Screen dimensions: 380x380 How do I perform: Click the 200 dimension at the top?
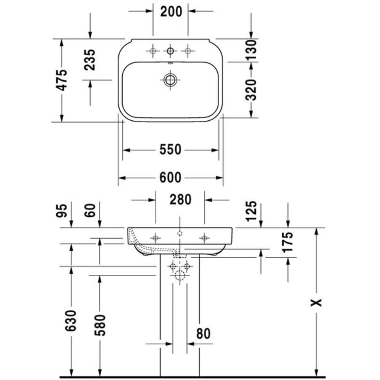point(171,11)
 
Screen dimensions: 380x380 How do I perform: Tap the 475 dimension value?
point(62,80)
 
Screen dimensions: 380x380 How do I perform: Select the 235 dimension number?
point(90,60)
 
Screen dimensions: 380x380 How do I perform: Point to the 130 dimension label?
point(251,50)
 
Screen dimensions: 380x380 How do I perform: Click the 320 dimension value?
point(251,90)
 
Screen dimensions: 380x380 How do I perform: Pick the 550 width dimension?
point(170,150)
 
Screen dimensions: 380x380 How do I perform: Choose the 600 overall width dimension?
point(170,177)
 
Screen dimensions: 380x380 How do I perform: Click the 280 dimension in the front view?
point(180,199)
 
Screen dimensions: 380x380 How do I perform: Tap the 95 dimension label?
point(62,211)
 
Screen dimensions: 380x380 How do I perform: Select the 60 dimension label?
point(90,211)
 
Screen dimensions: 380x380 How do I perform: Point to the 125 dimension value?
point(251,211)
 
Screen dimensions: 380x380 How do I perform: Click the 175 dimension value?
point(288,242)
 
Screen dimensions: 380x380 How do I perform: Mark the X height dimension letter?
point(316,302)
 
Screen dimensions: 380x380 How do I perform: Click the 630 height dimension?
point(71,321)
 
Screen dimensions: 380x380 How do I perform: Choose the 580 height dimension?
point(100,325)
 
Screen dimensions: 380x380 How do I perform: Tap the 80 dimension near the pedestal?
point(203,334)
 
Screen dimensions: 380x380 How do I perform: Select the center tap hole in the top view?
point(170,51)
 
